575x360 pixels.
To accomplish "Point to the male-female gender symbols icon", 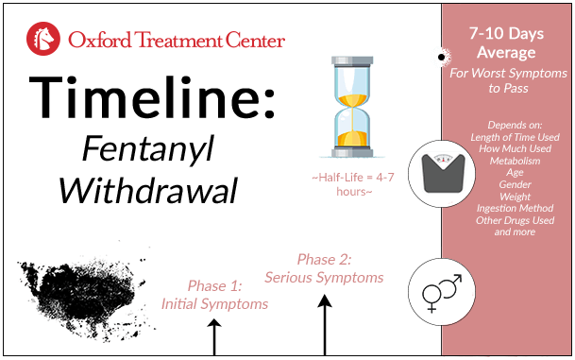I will click(x=440, y=291).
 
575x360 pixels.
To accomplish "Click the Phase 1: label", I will click(x=214, y=285).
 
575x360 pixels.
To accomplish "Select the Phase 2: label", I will click(x=324, y=259).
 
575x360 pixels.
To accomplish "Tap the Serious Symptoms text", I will click(x=324, y=278).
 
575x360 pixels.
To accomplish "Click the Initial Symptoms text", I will click(x=214, y=303).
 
